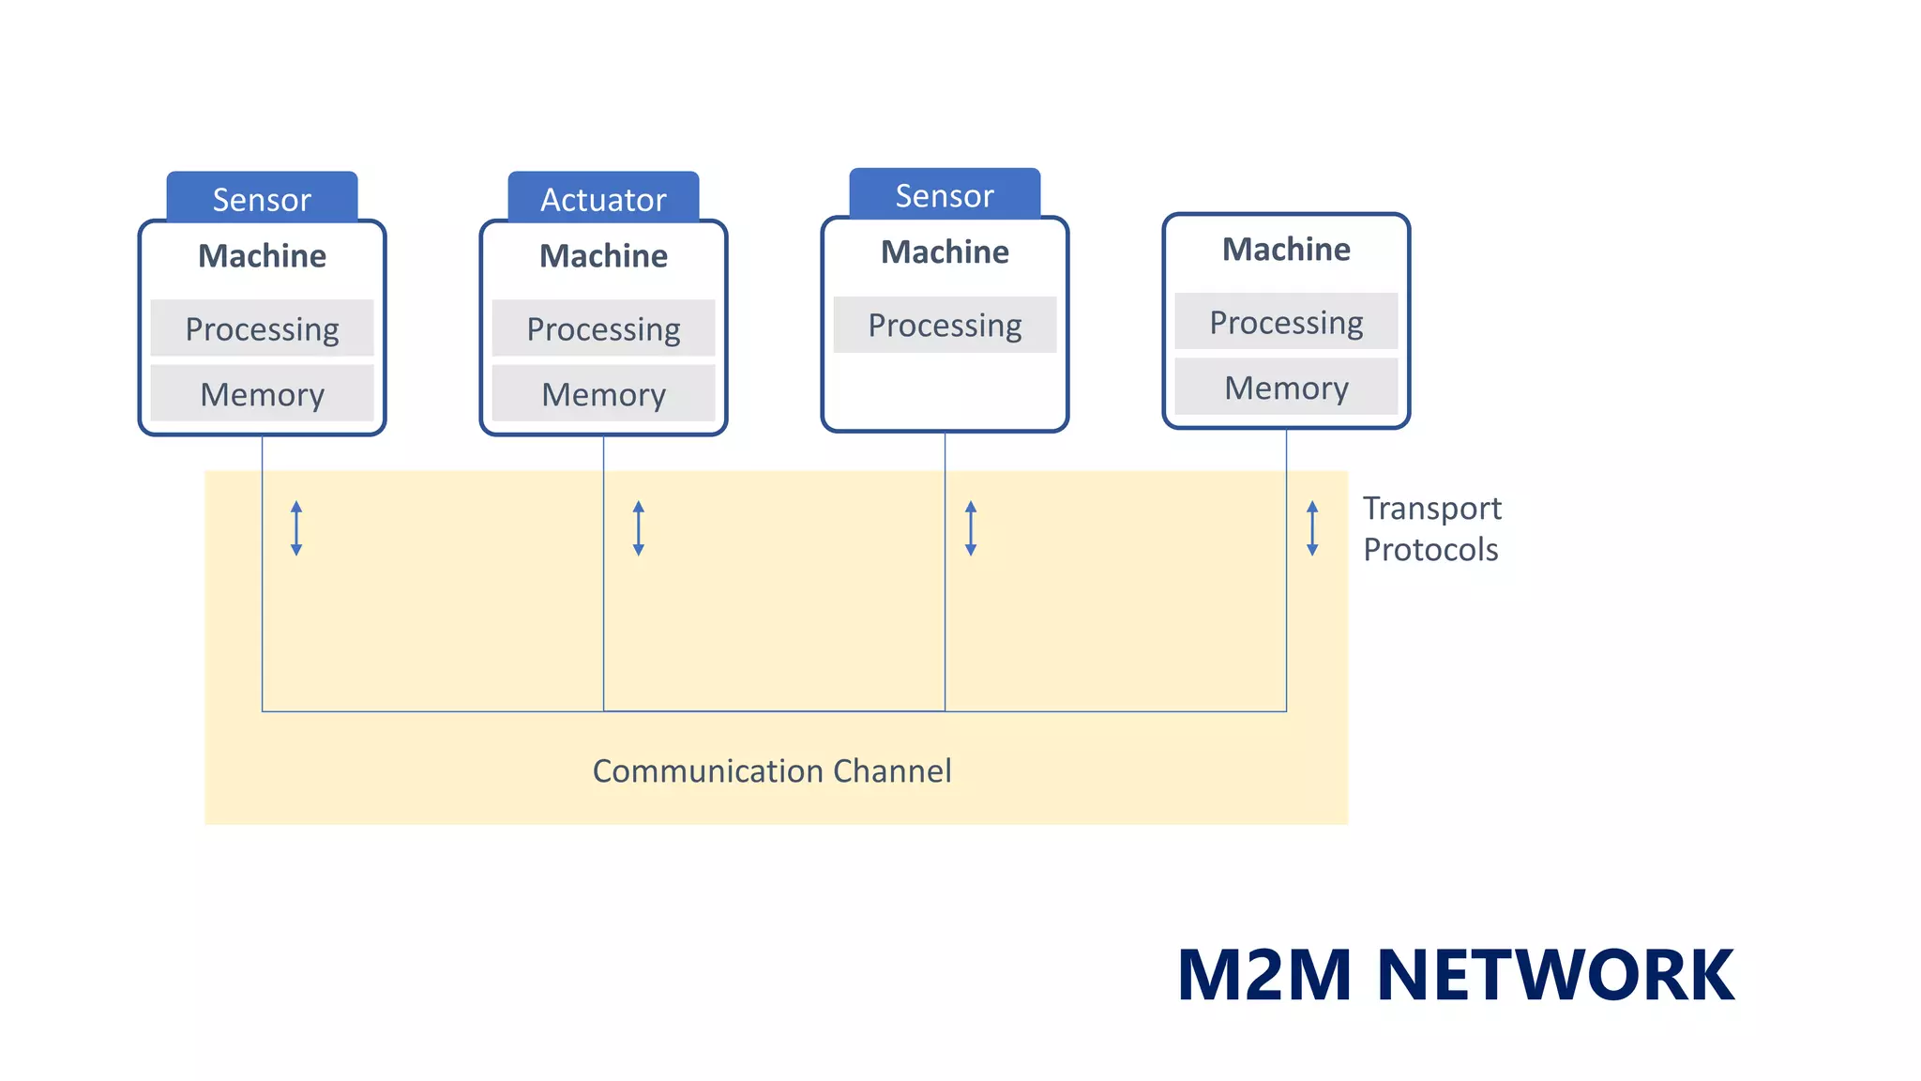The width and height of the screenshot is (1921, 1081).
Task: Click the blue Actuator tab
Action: point(603,198)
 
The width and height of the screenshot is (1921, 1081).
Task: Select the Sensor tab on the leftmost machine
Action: point(262,198)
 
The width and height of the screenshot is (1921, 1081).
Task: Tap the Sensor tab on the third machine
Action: point(945,194)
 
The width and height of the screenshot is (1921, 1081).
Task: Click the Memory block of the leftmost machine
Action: point(262,394)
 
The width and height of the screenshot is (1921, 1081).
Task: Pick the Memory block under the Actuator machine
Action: point(603,394)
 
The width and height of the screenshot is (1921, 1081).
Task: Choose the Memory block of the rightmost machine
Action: point(1286,388)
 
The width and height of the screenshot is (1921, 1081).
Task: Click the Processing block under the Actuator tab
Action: point(603,328)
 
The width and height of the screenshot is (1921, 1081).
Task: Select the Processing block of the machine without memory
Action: point(945,325)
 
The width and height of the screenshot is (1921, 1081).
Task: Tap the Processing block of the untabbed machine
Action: point(1286,322)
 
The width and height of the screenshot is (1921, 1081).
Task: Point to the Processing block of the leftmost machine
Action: point(262,328)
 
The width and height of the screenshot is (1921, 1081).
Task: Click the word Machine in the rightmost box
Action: point(1286,250)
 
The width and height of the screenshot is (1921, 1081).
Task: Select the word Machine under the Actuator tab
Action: point(603,256)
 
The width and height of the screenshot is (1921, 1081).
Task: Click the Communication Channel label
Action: point(772,771)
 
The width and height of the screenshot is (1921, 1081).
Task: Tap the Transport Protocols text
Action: point(1431,528)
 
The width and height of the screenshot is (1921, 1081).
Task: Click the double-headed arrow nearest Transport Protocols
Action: point(1312,528)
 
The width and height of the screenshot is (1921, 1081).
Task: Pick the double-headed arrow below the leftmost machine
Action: point(296,528)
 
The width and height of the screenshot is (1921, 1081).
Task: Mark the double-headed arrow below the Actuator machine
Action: point(639,528)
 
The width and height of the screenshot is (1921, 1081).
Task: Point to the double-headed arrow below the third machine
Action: point(971,528)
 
